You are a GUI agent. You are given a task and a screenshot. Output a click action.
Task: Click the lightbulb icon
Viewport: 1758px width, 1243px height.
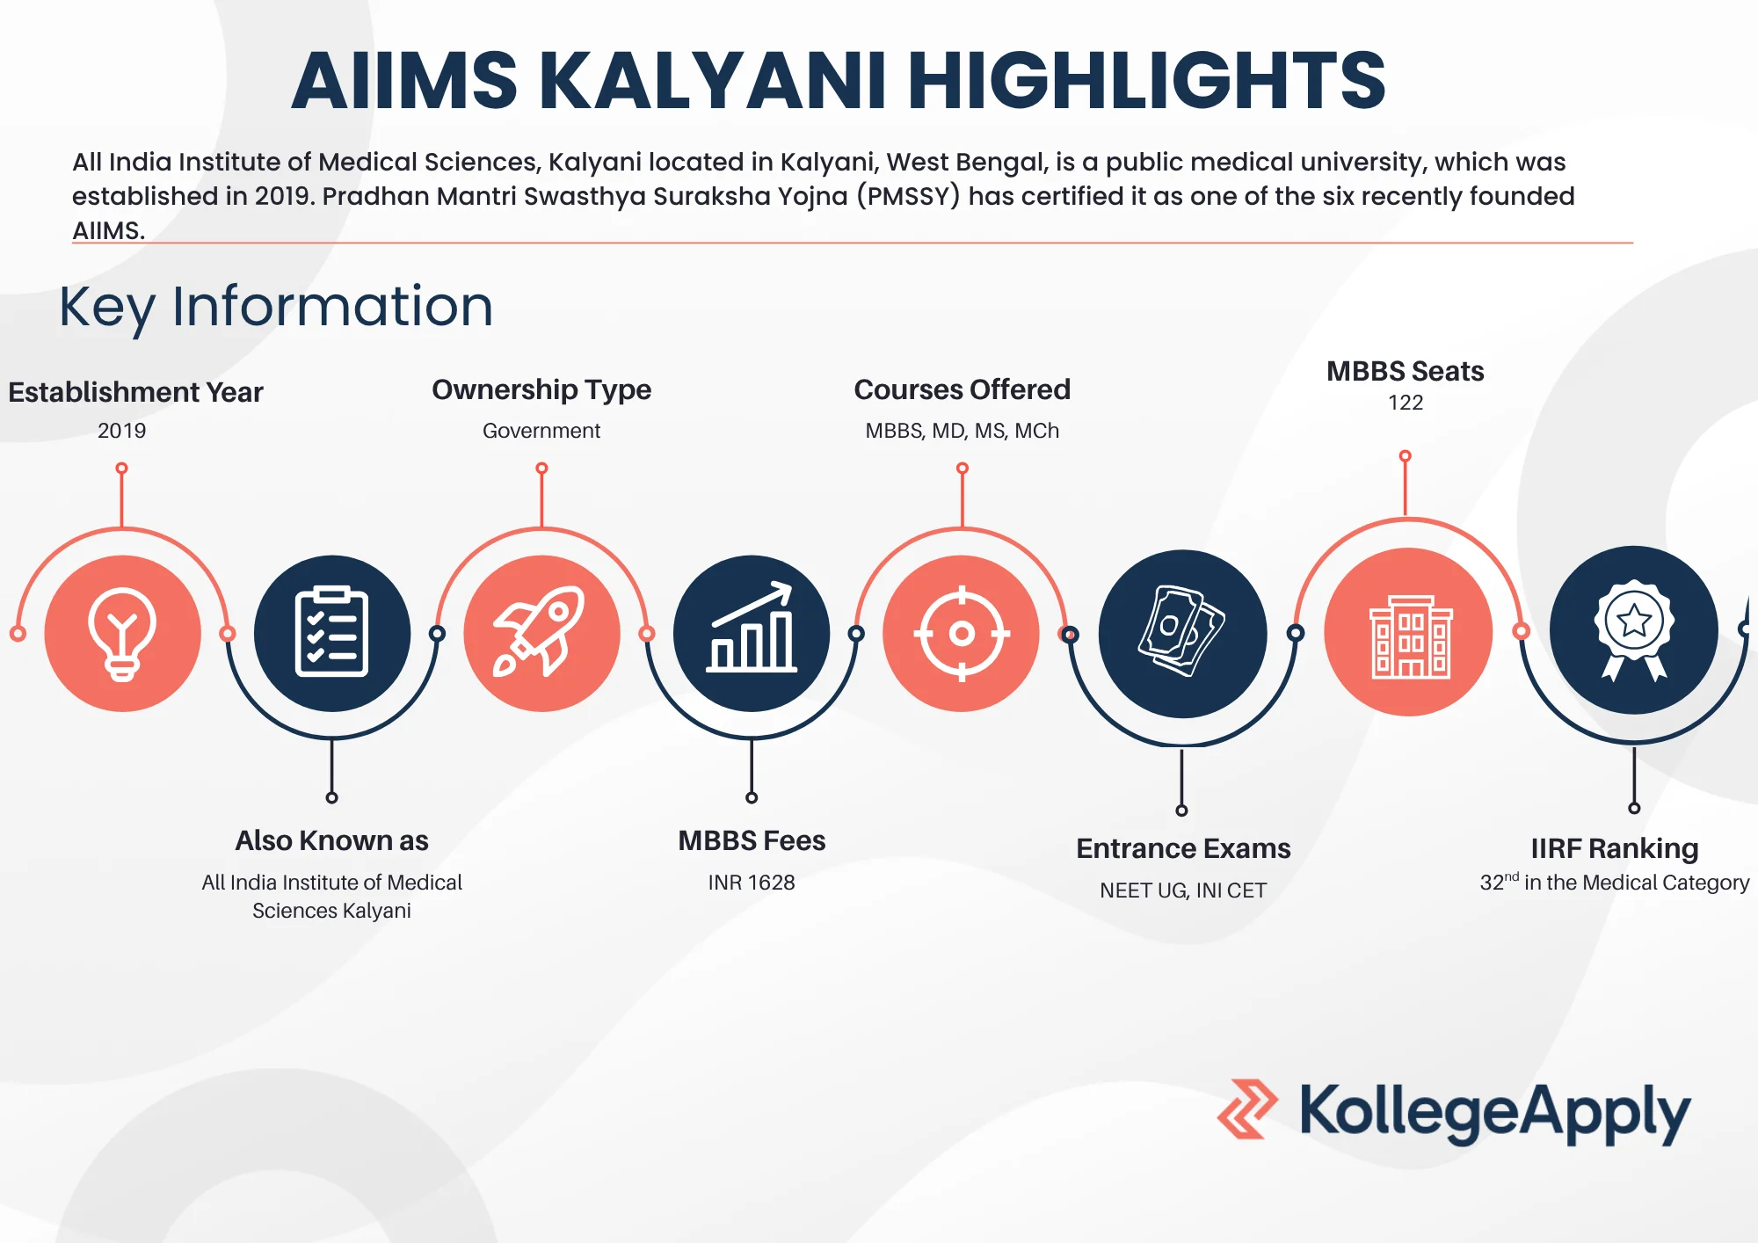coord(122,633)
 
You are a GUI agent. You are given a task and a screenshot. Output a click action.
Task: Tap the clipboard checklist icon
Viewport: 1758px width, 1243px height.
coord(331,633)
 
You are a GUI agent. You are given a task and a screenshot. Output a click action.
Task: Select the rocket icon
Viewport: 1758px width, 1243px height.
coord(541,633)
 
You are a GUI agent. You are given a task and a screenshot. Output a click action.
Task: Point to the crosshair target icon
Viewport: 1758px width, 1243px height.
coord(962,633)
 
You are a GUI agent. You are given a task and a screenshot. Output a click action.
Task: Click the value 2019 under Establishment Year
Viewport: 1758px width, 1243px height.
coord(122,431)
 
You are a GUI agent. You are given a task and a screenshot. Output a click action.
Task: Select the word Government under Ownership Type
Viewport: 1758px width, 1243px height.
coord(541,431)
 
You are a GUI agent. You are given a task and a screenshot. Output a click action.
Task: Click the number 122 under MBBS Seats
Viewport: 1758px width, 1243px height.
coord(1406,403)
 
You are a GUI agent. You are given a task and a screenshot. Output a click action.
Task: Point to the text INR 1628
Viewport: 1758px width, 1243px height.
coord(752,883)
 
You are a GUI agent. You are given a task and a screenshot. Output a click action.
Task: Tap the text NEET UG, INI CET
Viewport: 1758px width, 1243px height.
coord(1183,890)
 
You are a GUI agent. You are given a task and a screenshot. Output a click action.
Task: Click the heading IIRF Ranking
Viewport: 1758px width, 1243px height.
coord(1615,848)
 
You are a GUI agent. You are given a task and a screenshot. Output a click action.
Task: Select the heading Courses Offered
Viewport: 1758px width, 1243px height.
coord(963,389)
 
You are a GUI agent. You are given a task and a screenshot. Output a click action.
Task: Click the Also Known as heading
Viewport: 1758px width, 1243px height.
coord(331,840)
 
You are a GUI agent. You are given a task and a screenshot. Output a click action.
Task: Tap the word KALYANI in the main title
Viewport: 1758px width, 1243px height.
coord(717,81)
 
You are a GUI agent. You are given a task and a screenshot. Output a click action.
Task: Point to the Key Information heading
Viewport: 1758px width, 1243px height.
coord(276,307)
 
